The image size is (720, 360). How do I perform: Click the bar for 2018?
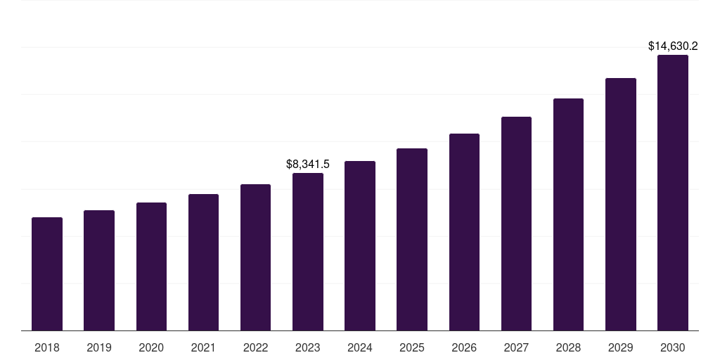(x=47, y=274)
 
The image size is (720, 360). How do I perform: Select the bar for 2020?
(x=151, y=266)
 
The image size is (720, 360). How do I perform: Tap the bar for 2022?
(x=255, y=257)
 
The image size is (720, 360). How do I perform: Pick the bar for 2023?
(x=308, y=252)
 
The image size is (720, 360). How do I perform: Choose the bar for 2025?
(x=412, y=239)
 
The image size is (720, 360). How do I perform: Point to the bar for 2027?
(x=516, y=224)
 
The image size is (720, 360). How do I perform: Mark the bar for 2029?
(x=621, y=204)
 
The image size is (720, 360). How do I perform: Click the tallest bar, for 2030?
(x=673, y=193)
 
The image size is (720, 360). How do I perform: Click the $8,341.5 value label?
(x=308, y=164)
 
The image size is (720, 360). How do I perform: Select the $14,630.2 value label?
(x=673, y=46)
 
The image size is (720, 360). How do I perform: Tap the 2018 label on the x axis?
(x=47, y=347)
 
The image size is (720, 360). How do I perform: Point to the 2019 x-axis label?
(x=99, y=347)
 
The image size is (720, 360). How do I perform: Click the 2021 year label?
(x=203, y=347)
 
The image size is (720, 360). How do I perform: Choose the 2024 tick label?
(x=360, y=347)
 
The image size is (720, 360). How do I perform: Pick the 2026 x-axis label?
(x=464, y=347)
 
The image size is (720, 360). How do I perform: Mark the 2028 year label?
(x=568, y=347)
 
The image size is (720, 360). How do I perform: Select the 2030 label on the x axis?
(x=673, y=347)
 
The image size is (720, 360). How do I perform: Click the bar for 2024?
(x=360, y=246)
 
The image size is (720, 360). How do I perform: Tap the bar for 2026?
(x=464, y=232)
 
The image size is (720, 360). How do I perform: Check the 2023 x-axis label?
(x=308, y=347)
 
